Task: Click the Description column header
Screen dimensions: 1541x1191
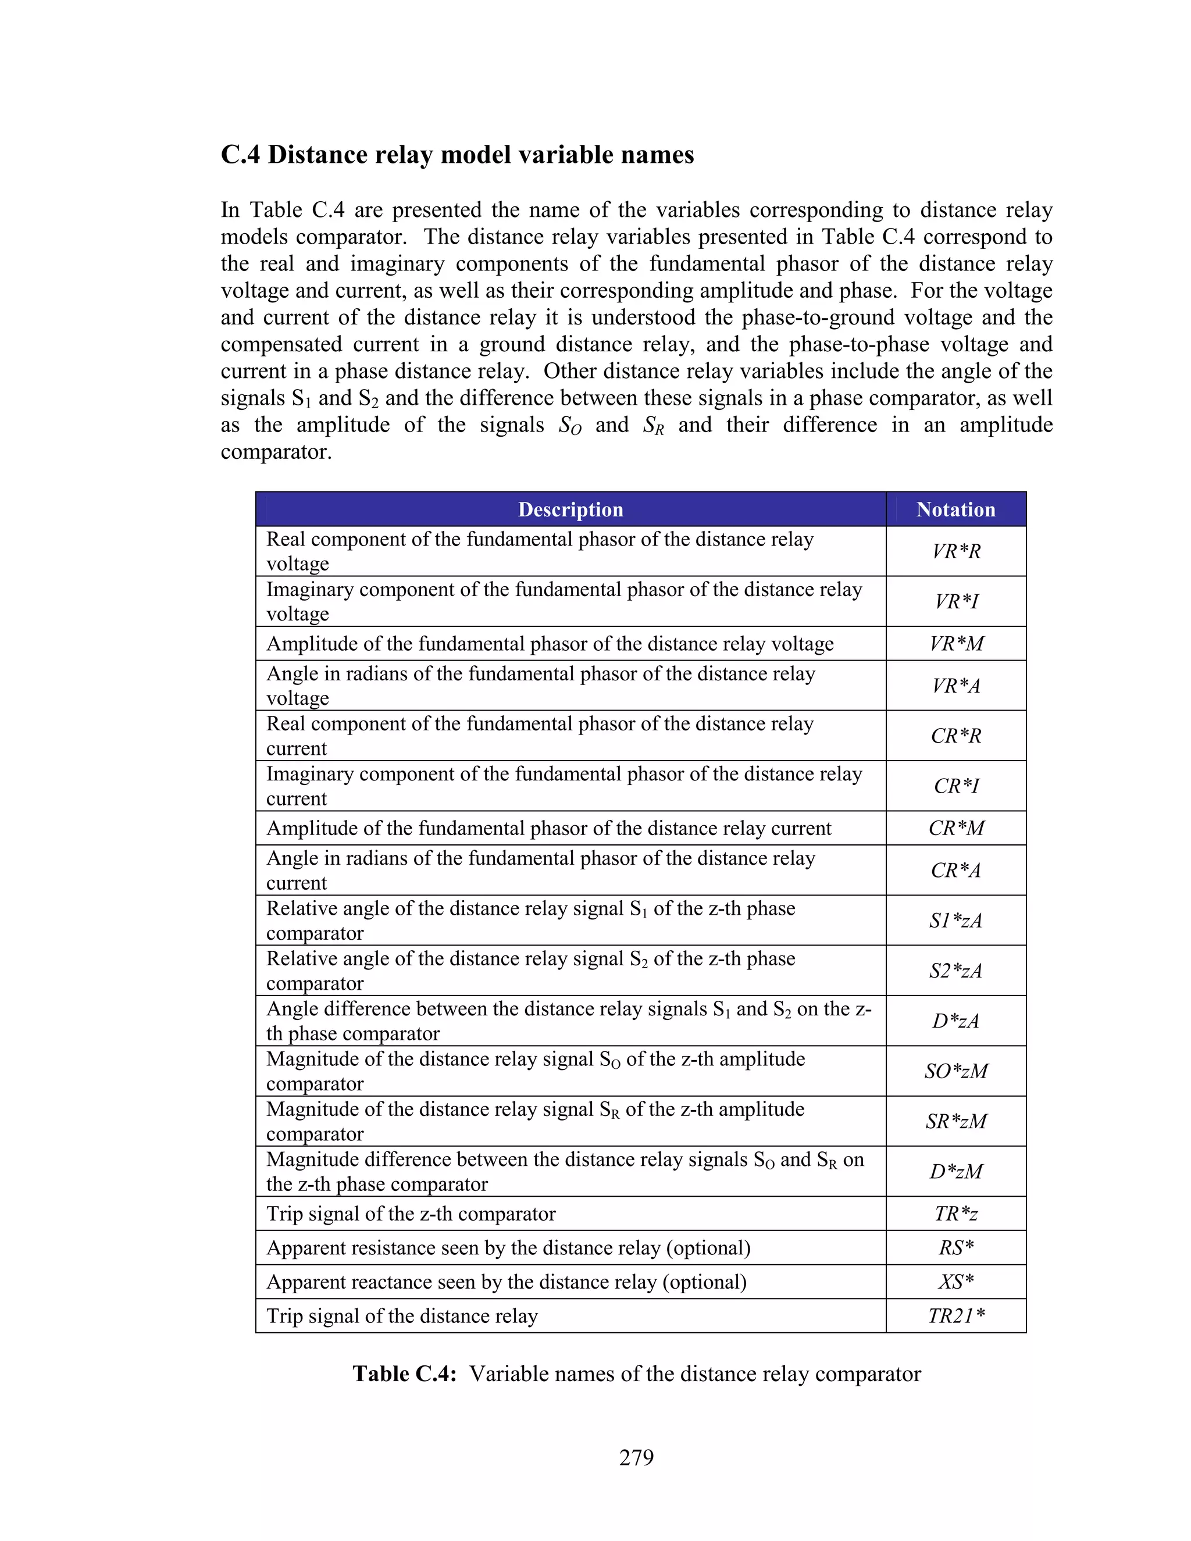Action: (x=570, y=509)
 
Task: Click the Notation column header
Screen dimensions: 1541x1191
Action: (x=955, y=509)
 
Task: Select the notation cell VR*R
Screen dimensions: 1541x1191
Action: (x=956, y=551)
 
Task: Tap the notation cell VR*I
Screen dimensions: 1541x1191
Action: (x=956, y=601)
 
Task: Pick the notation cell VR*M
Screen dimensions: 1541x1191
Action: (x=956, y=644)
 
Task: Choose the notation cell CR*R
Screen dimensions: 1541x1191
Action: (x=956, y=735)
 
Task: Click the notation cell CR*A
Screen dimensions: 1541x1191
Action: (x=956, y=870)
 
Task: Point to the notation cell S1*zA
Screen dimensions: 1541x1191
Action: (x=956, y=920)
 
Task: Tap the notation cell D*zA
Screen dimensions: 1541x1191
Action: (x=956, y=1021)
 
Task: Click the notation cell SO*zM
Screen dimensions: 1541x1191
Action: (x=956, y=1071)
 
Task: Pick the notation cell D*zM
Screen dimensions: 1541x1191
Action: (x=956, y=1171)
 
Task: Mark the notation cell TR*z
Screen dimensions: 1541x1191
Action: (x=956, y=1214)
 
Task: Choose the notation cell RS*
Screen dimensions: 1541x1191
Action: (x=956, y=1247)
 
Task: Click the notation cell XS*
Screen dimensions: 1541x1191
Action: (x=956, y=1281)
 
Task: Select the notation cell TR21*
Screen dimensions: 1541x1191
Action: (x=956, y=1316)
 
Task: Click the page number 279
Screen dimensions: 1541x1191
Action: (x=636, y=1457)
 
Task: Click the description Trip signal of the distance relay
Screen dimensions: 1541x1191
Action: (x=402, y=1316)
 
